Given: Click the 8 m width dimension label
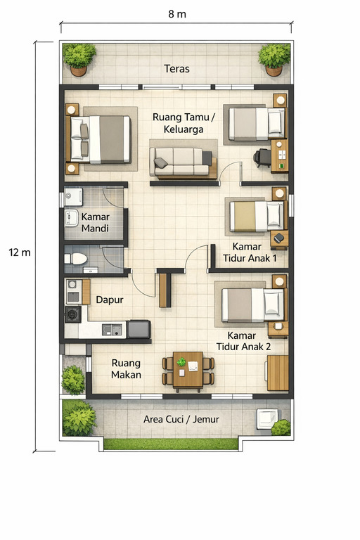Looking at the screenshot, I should coord(176,14).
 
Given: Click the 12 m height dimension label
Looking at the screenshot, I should coord(20,252).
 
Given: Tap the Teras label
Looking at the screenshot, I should coord(176,68).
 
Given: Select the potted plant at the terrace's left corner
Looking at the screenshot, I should coord(79,58).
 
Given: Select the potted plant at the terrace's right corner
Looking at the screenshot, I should coord(274,58).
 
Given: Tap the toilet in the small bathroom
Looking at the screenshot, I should coord(76,259).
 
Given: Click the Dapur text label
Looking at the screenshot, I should coord(110,300).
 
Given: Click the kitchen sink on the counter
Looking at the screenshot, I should coord(110,329).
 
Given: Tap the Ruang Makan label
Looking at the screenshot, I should coord(126,369).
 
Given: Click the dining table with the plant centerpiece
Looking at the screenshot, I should coord(188,371).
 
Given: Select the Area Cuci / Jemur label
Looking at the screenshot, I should coord(181,419).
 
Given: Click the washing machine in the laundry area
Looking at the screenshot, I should coord(268,418).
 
